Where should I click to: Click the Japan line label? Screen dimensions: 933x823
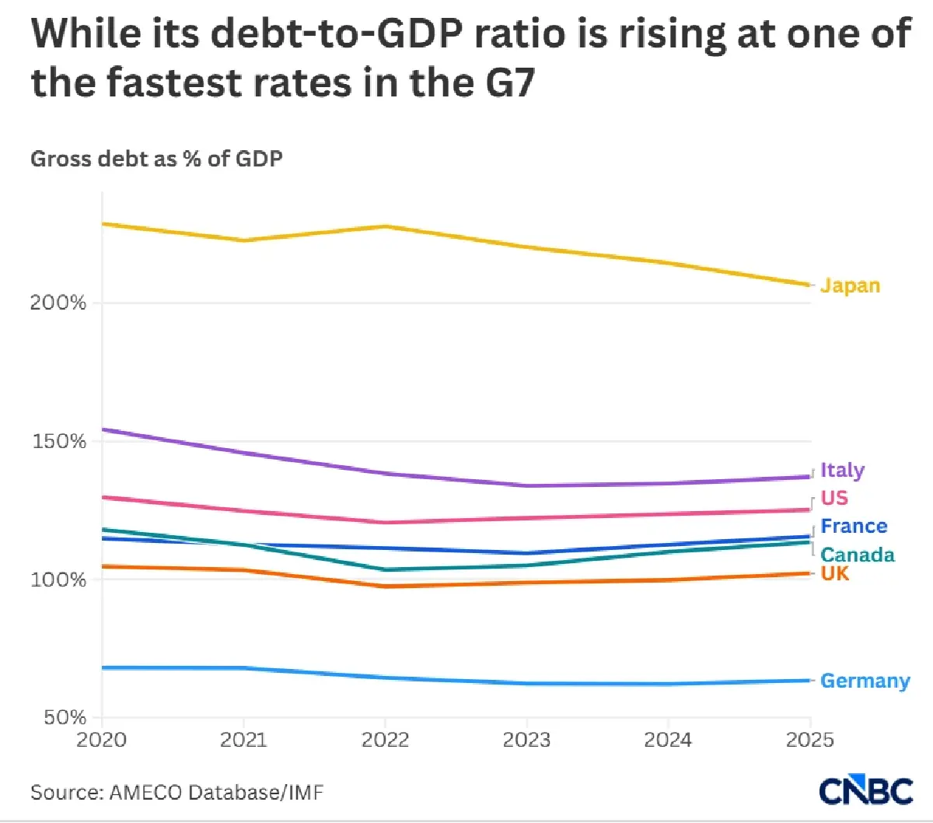pyautogui.click(x=850, y=286)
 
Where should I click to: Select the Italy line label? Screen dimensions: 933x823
pyautogui.click(x=842, y=471)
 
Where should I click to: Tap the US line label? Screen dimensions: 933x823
pyautogui.click(x=834, y=498)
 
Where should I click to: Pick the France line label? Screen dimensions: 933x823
pyautogui.click(x=854, y=527)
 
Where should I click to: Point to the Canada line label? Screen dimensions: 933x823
pyautogui.click(x=858, y=555)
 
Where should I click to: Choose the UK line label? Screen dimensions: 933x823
pyautogui.click(x=834, y=574)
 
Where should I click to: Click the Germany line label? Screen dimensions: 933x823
pyautogui.click(x=865, y=681)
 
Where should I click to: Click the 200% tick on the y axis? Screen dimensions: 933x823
pyautogui.click(x=58, y=303)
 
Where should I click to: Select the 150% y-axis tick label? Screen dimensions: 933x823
pyautogui.click(x=59, y=442)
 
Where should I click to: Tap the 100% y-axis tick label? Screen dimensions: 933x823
pyautogui.click(x=58, y=580)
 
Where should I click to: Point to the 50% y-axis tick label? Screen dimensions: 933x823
pyautogui.click(x=65, y=717)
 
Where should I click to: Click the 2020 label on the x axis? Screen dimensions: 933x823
pyautogui.click(x=101, y=740)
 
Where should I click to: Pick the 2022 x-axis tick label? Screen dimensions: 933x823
pyautogui.click(x=385, y=740)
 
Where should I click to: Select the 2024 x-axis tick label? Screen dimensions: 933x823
pyautogui.click(x=668, y=740)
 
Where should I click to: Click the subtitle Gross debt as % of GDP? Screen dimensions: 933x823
pyautogui.click(x=156, y=159)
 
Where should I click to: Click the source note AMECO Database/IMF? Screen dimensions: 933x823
pyautogui.click(x=216, y=793)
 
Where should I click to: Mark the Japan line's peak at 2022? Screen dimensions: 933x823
pyautogui.click(x=386, y=226)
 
